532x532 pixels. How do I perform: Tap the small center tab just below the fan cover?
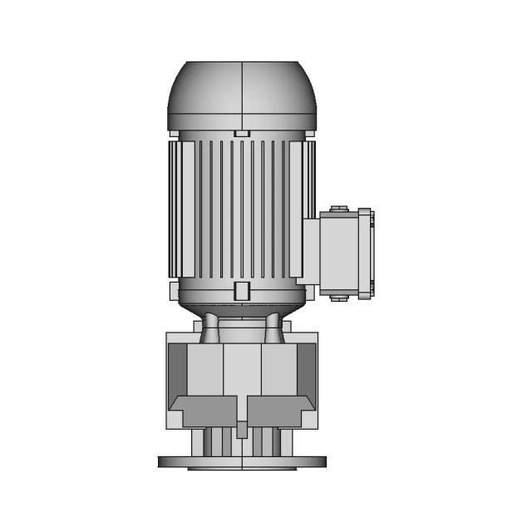click(241, 133)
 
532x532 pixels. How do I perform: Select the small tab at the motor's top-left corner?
click(172, 132)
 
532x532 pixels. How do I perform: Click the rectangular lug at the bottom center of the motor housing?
click(241, 291)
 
